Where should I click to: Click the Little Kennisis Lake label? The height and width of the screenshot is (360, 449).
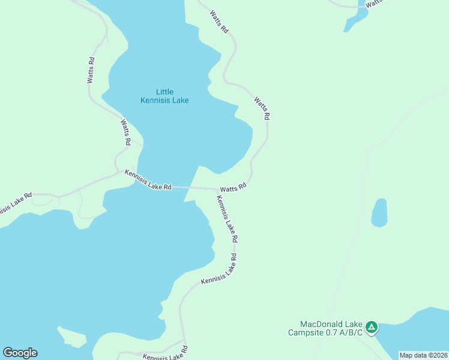tap(164, 96)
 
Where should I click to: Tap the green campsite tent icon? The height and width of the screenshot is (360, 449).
tap(372, 327)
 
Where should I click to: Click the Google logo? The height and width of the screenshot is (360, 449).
tap(20, 353)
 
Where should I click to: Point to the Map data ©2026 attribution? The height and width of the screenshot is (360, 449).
tap(423, 355)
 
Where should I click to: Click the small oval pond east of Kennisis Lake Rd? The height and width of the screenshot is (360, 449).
tap(379, 213)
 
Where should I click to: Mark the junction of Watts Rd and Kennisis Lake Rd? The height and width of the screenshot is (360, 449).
tap(217, 189)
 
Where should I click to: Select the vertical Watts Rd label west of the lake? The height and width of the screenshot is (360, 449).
tap(91, 70)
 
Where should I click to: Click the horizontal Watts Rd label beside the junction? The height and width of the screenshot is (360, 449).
tap(234, 187)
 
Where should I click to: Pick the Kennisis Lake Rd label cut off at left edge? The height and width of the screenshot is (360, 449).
tap(14, 202)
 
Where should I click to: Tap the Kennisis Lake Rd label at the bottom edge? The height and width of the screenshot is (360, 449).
tap(165, 354)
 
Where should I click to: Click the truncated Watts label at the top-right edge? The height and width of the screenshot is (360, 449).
tap(373, 3)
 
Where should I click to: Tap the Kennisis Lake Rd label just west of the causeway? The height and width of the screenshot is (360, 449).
tap(148, 180)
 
